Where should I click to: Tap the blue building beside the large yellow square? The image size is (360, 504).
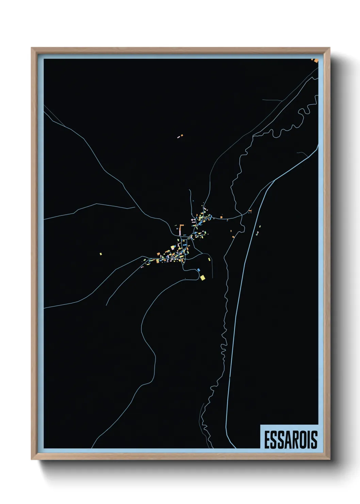pos(198,270)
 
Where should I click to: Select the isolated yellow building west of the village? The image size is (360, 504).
pos(100,254)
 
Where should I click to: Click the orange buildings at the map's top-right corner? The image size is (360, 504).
pos(316,61)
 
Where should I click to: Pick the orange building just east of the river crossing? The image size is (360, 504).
pos(250,211)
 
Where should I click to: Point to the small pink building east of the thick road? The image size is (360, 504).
pos(260,226)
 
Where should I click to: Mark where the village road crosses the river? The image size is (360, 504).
pos(241,215)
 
